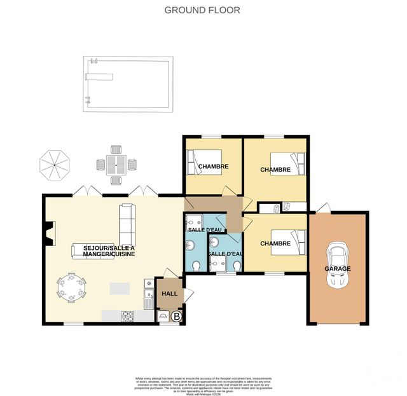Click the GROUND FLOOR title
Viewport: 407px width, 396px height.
coord(202,10)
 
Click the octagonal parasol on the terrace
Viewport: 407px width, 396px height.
coord(55,164)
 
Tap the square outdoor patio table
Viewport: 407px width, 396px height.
coord(116,165)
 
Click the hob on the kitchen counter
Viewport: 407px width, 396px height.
coord(127,314)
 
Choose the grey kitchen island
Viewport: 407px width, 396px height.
coord(123,288)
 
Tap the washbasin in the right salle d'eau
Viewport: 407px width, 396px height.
coord(217,242)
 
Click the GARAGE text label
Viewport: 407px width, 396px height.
coord(337,269)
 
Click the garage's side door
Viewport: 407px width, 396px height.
coord(325,208)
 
